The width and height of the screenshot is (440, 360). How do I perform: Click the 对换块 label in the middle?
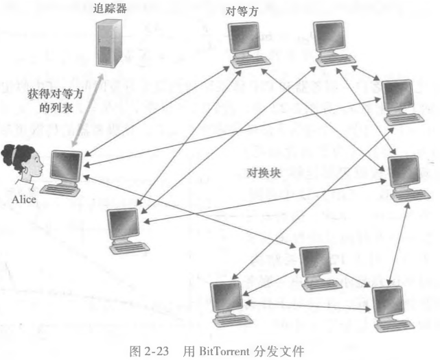point(263,171)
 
